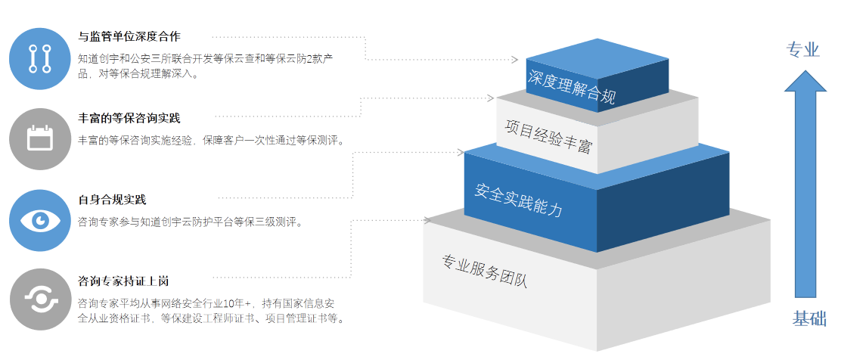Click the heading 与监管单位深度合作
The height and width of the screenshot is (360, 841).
(129, 36)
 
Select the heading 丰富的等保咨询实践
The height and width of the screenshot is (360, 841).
(129, 118)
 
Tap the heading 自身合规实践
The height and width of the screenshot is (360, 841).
(112, 200)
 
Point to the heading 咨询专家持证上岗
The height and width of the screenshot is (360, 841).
(123, 281)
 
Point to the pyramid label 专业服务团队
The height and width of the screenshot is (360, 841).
(484, 271)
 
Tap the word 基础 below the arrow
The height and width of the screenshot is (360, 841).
(808, 318)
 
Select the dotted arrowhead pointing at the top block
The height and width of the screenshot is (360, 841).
(515, 59)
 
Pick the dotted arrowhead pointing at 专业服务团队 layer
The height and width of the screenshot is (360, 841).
(427, 220)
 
